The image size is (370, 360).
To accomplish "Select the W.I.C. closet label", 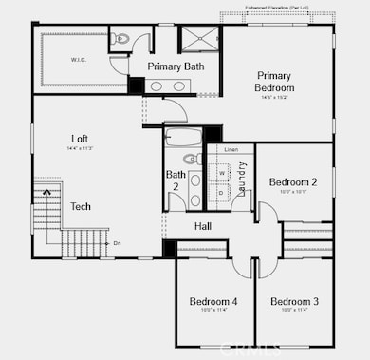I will coord(78,60).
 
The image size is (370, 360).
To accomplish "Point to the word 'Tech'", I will coord(81,206).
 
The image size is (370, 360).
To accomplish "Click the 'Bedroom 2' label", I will coord(292,182).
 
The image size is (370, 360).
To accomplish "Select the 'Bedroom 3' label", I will coord(294,302).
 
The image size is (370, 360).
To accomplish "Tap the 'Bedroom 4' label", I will coord(213,302).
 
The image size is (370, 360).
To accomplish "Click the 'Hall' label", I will coord(203,226).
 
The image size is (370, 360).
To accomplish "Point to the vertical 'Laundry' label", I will coord(243,178).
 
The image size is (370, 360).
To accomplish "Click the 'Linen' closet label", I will coord(231,150).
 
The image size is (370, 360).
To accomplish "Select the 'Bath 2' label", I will coord(175,180).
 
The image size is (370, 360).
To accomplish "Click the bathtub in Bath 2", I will coord(181,136).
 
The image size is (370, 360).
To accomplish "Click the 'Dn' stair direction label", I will coord(117,243).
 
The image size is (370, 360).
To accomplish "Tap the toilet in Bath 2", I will coord(189,159).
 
